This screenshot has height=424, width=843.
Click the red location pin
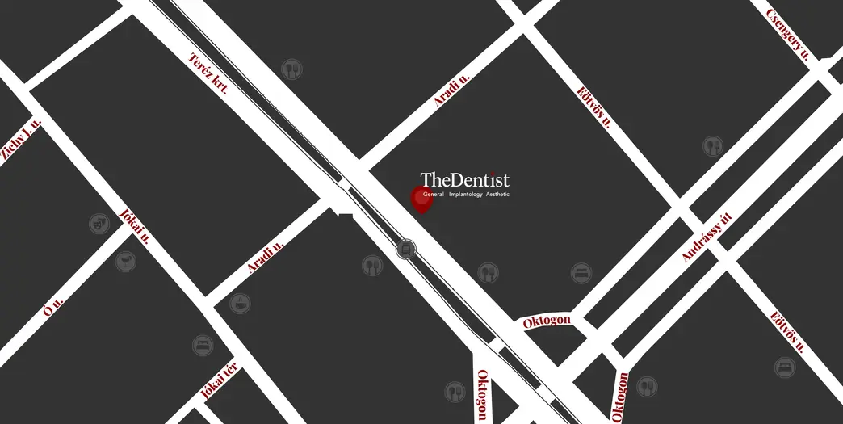coord(421,199)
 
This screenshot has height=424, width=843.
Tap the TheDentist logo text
coord(464,180)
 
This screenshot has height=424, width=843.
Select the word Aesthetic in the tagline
coord(497,195)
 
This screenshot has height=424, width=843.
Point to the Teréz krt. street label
coord(208,73)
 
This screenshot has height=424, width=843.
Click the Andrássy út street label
coord(707,237)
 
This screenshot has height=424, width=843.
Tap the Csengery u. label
coord(787,35)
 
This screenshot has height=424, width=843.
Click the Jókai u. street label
coord(134,227)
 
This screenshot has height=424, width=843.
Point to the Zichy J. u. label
coord(20,141)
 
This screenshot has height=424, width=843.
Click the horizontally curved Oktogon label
coord(547,321)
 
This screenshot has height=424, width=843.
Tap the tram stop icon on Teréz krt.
coord(406,249)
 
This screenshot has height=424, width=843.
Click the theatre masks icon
coord(99,223)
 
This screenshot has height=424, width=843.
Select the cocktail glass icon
coord(125,262)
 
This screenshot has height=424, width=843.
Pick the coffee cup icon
coord(240,304)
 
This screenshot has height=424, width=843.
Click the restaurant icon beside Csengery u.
coord(711,146)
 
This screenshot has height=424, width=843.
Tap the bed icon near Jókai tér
coord(203,346)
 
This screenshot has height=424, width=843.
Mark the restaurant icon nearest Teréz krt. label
coord(291,69)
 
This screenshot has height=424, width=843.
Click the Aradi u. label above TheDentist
coord(451,90)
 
